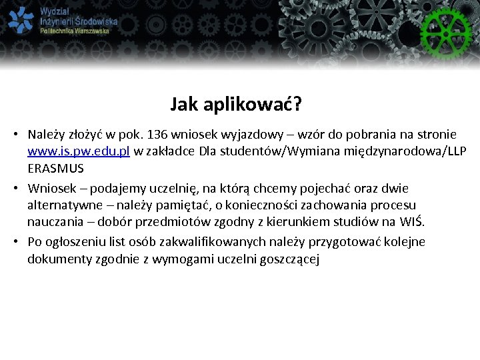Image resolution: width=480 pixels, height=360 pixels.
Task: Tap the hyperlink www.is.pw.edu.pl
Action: point(79,151)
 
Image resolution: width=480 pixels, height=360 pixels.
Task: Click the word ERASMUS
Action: point(56,168)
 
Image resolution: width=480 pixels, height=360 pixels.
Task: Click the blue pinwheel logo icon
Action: point(21,20)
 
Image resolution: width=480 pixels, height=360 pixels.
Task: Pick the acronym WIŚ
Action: point(413,222)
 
